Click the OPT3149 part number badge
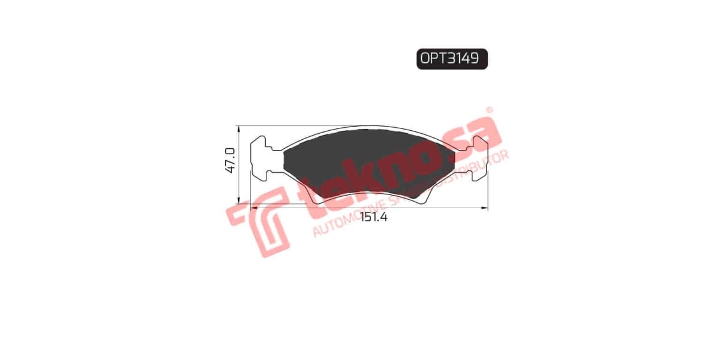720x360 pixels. pos(452,59)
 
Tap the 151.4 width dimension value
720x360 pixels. pos(374,218)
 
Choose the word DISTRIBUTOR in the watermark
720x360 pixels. pos(480,164)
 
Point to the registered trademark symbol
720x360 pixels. pos(489,110)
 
